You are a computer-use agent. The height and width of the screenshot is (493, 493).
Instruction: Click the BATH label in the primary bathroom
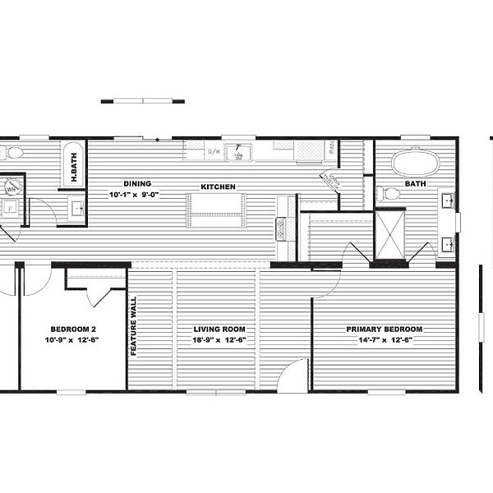coord(415,184)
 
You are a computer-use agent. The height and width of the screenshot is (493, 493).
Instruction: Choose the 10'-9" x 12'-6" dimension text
coord(71,339)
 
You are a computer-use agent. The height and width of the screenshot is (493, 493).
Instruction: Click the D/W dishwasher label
coord(214,151)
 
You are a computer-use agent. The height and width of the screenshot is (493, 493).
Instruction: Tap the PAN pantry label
coord(332,149)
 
